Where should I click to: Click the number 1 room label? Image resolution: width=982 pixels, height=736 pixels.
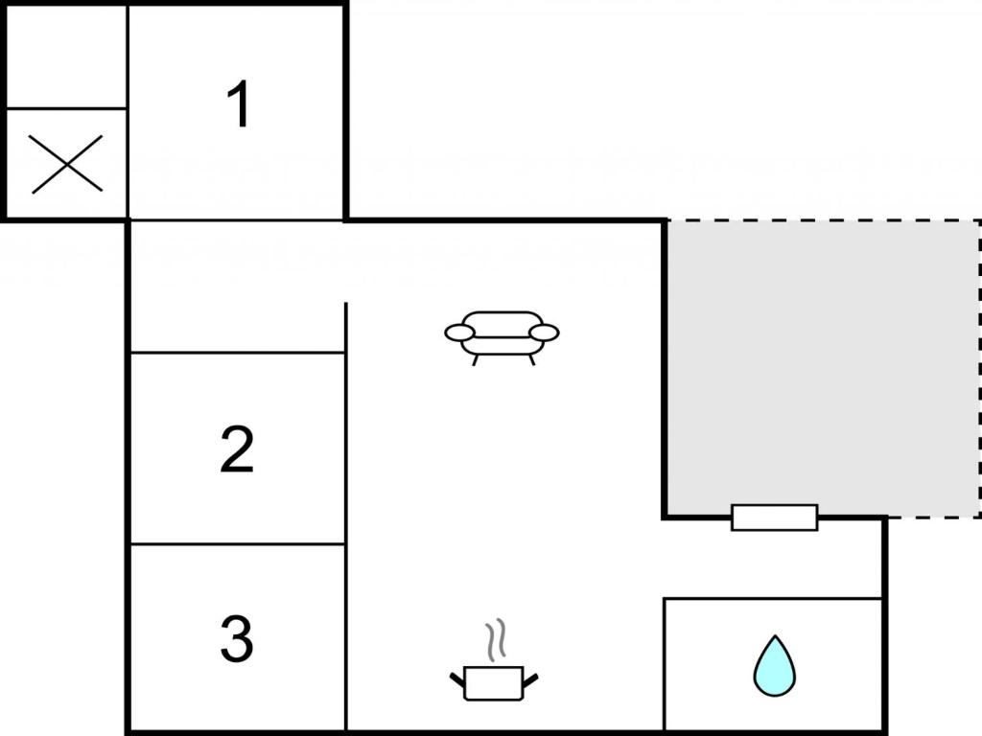pyautogui.click(x=239, y=103)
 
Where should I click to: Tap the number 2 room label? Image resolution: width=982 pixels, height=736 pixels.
pyautogui.click(x=237, y=448)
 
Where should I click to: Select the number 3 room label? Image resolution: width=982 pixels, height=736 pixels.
pyautogui.click(x=237, y=638)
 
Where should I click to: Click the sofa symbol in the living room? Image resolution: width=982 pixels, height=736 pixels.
pyautogui.click(x=502, y=336)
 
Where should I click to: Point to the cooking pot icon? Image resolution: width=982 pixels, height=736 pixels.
pyautogui.click(x=494, y=682)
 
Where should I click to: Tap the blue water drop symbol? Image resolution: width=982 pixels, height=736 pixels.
pyautogui.click(x=775, y=666)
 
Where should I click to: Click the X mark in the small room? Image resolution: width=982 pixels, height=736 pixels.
pyautogui.click(x=66, y=164)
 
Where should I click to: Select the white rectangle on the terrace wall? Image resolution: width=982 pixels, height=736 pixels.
pyautogui.click(x=775, y=517)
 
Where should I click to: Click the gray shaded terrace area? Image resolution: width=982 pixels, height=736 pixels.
pyautogui.click(x=822, y=368)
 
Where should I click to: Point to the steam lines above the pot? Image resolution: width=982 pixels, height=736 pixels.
pyautogui.click(x=495, y=641)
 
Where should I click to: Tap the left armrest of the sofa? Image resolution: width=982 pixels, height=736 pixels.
pyautogui.click(x=460, y=333)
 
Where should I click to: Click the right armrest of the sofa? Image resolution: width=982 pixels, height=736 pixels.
pyautogui.click(x=544, y=333)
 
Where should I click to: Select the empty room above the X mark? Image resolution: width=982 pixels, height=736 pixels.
pyautogui.click(x=66, y=57)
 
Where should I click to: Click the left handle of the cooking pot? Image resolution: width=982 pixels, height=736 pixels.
pyautogui.click(x=457, y=678)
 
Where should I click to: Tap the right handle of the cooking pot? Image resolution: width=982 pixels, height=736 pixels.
pyautogui.click(x=530, y=679)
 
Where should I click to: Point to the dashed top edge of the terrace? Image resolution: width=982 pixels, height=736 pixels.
pyautogui.click(x=822, y=220)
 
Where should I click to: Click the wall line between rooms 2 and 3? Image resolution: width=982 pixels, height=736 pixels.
pyautogui.click(x=238, y=544)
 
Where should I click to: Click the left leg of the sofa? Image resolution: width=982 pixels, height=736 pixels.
pyautogui.click(x=475, y=360)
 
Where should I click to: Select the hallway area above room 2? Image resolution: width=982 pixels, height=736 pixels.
pyautogui.click(x=238, y=287)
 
